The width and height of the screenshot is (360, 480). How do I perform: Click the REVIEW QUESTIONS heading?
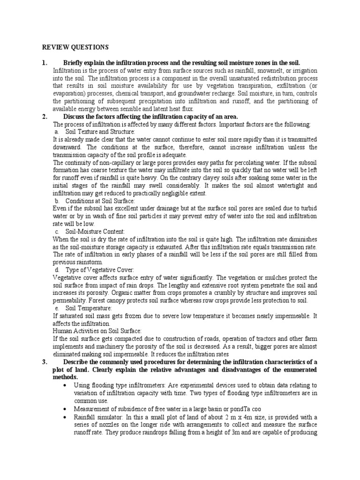tap(75, 47)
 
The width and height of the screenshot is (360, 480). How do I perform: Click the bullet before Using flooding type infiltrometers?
tap(64, 385)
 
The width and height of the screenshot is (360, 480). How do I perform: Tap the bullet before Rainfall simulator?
tap(64, 417)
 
